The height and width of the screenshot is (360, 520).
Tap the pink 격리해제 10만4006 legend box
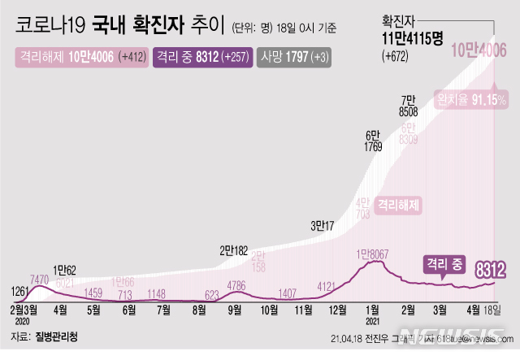pyautogui.click(x=79, y=57)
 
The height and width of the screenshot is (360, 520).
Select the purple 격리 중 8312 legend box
pyautogui.click(x=201, y=57)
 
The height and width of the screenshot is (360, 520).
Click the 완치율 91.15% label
pyautogui.click(x=472, y=99)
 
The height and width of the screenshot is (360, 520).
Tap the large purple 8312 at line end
pyautogui.click(x=492, y=268)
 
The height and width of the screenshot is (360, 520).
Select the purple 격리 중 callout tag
pyautogui.click(x=442, y=263)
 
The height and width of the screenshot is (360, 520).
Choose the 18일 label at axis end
pyautogui.click(x=494, y=309)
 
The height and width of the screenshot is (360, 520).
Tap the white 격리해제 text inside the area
pyautogui.click(x=400, y=206)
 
